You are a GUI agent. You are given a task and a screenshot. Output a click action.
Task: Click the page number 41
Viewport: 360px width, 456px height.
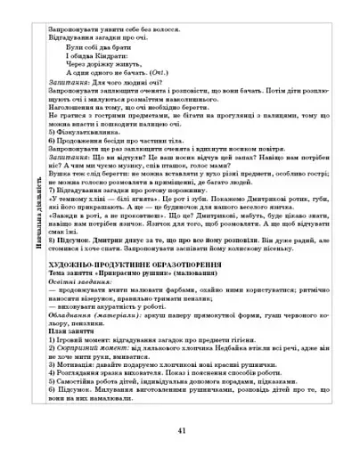(x=181, y=431)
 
